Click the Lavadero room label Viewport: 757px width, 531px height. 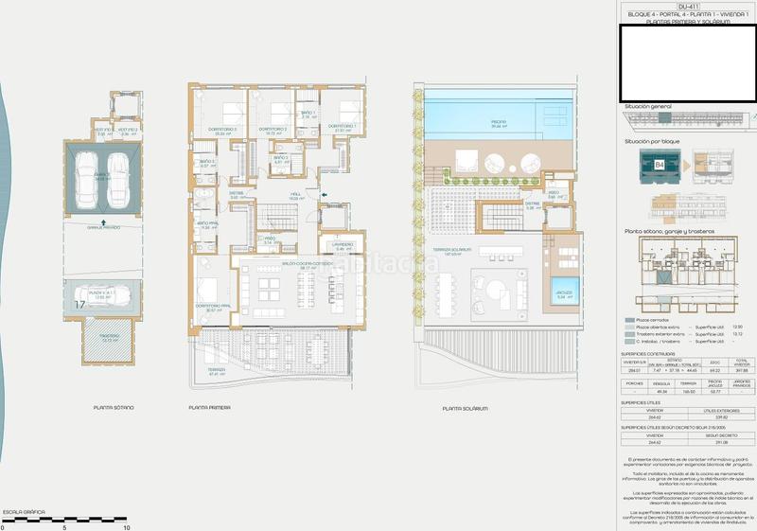click(x=342, y=245)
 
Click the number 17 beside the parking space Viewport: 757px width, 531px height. click(x=79, y=305)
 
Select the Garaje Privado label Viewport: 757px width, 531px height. click(x=105, y=227)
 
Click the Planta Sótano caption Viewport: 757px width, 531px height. click(x=114, y=409)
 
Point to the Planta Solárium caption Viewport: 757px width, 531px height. click(x=465, y=409)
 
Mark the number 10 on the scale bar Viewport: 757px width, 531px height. click(x=126, y=526)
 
